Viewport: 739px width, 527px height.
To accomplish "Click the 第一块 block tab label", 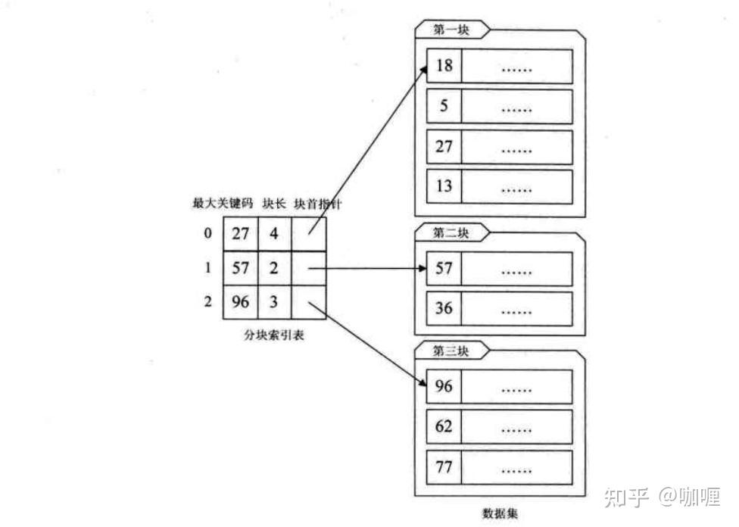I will pos(451,30).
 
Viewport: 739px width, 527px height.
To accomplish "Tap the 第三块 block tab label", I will pos(451,351).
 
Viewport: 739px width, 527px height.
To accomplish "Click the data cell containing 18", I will pos(444,66).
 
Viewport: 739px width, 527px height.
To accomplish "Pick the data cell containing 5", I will pos(444,106).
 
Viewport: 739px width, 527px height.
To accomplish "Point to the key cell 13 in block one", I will pos(444,186).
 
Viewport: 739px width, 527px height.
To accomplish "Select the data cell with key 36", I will pos(444,309).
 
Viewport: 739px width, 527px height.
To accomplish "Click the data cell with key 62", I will pos(444,426).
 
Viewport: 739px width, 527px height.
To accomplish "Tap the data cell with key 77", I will pos(444,466).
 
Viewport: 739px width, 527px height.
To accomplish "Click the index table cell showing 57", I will pos(240,268).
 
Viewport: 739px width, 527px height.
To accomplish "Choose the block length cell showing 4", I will pos(274,234).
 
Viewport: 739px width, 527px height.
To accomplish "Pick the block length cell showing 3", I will pos(274,302).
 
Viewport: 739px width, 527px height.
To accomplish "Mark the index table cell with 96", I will pos(240,302).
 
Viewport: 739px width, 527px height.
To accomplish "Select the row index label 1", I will pos(208,268).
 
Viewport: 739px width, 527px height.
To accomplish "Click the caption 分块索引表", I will pos(274,335).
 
